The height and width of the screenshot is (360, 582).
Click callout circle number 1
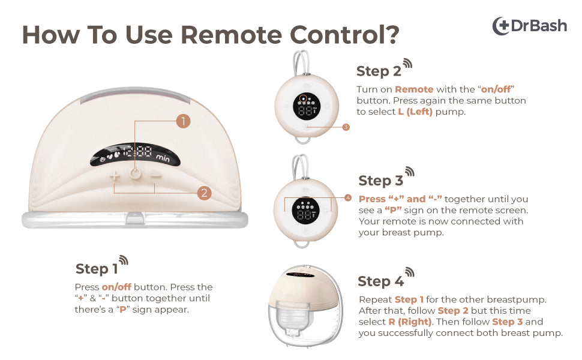184,121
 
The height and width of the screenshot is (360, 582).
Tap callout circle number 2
204,193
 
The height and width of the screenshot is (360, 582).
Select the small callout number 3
346,127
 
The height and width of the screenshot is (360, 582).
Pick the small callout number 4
347,197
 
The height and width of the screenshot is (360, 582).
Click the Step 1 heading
93,268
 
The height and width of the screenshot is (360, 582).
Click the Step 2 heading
379,71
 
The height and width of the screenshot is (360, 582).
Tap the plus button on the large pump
115,176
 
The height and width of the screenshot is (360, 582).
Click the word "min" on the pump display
163,157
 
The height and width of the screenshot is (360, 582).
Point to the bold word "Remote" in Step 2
414,89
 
